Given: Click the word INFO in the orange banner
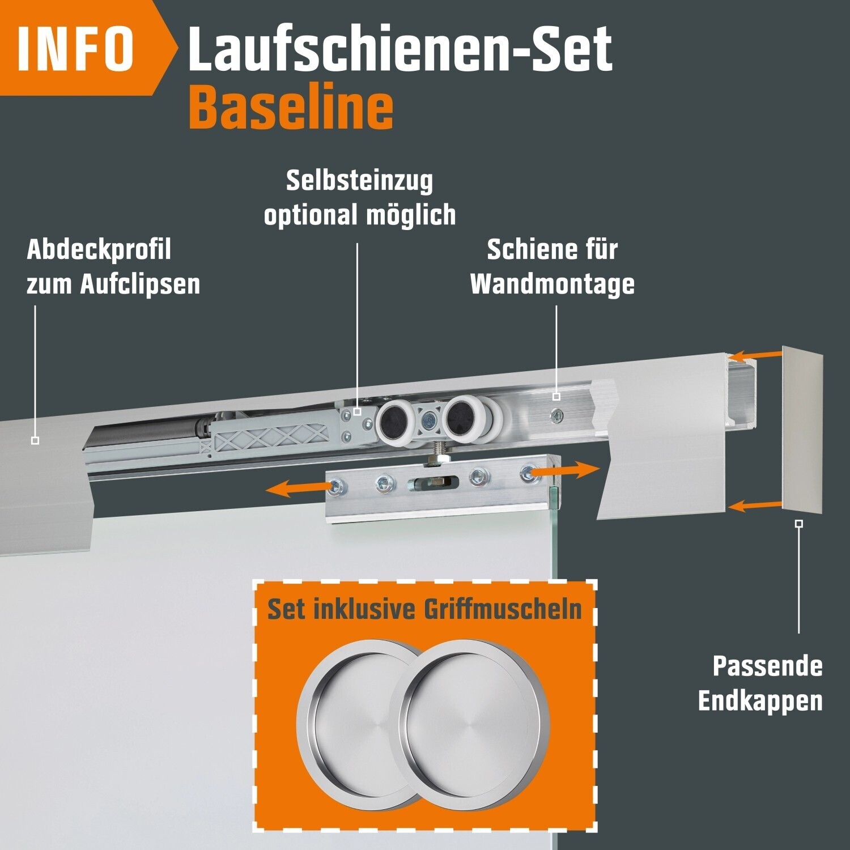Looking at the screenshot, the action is coord(76,48).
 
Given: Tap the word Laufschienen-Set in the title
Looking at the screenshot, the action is coord(400,48).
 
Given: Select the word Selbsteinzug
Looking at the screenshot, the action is coord(359,181).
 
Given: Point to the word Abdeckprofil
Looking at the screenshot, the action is coord(99,250).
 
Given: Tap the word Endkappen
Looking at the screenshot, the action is coord(760,701).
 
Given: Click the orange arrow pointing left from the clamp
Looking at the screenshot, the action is coord(300,487).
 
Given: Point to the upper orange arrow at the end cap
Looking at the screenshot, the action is coord(755,356).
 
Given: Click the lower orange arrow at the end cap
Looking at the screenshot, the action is coord(755,505).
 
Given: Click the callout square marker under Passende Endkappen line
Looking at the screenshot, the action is coord(799,524).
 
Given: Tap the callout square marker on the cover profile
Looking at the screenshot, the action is coord(35,440).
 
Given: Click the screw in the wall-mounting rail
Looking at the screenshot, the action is coord(558,417).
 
